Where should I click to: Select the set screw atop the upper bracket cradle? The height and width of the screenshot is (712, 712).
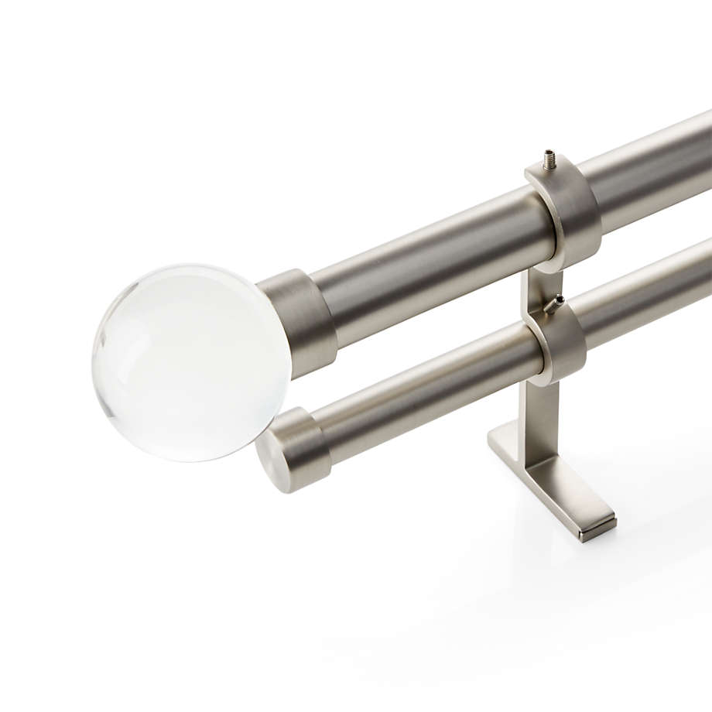coord(549,159)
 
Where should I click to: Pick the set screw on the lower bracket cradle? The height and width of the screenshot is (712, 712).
coord(554,303)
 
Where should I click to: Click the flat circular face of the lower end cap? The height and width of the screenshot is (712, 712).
coord(271,464)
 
